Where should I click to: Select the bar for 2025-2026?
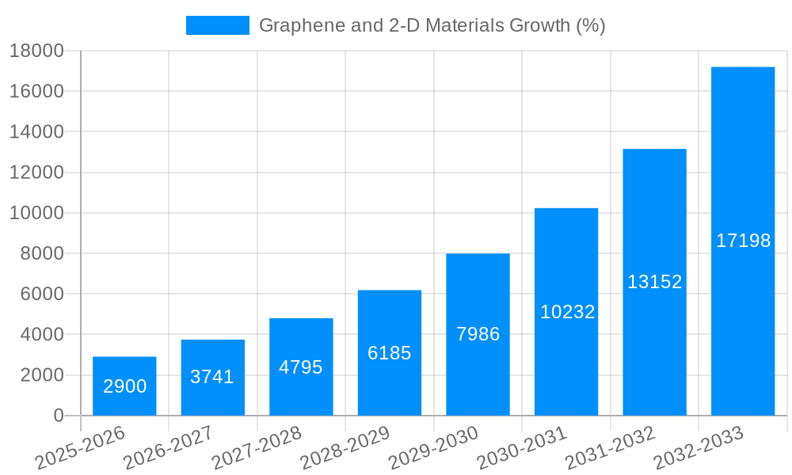point(124,386)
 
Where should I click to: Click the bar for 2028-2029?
point(390,353)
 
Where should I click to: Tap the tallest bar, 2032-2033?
point(743,241)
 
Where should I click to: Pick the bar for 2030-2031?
point(566,312)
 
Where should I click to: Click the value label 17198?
point(743,241)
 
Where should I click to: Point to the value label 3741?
point(212,377)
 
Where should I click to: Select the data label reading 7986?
point(478,334)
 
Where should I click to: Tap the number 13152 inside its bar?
point(654,282)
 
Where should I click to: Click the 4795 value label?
point(301,367)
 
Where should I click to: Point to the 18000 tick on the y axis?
point(36,51)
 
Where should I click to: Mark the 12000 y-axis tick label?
point(36,173)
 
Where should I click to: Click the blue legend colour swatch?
point(217,25)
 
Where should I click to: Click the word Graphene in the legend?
point(294,25)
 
